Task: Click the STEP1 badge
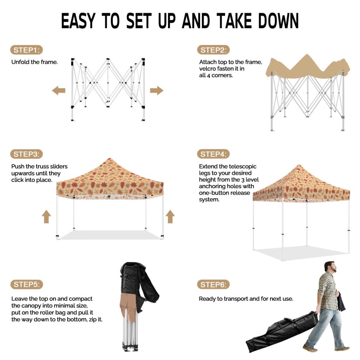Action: pyautogui.click(x=27, y=50)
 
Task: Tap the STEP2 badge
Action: pyautogui.click(x=213, y=50)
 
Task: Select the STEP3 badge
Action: pyautogui.click(x=27, y=154)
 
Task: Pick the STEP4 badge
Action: pyautogui.click(x=213, y=154)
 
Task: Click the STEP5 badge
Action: pyautogui.click(x=27, y=284)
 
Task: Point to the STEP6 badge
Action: pyautogui.click(x=213, y=285)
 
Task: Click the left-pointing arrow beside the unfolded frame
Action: pyautogui.click(x=59, y=91)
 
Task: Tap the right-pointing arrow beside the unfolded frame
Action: pyautogui.click(x=156, y=90)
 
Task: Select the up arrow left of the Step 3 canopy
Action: pyautogui.click(x=46, y=217)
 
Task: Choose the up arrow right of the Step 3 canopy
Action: pyautogui.click(x=170, y=217)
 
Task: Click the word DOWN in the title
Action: pyautogui.click(x=278, y=21)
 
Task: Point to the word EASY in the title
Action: pyautogui.click(x=78, y=21)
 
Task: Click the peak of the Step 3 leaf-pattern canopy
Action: pyautogui.click(x=110, y=159)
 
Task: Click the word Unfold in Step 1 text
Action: pyautogui.click(x=20, y=62)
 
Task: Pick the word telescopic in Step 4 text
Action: pyautogui.click(x=243, y=166)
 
